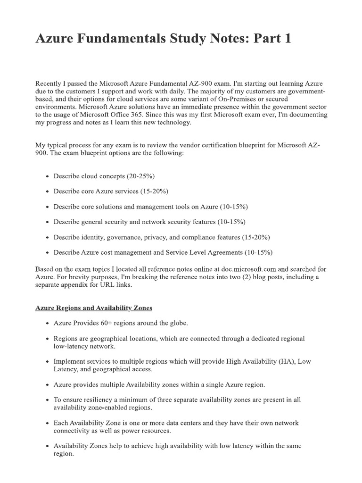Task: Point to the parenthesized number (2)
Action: [255, 277]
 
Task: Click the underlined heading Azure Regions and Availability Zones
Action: [94, 308]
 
